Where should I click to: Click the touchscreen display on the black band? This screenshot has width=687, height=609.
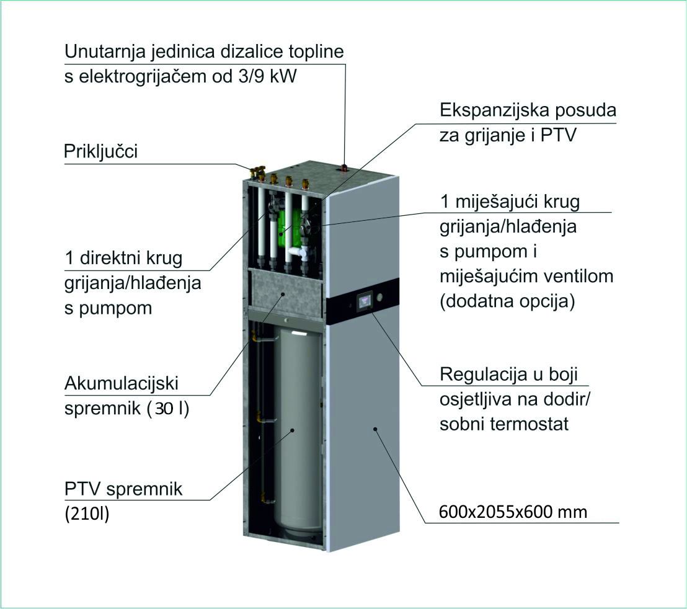click(x=365, y=302)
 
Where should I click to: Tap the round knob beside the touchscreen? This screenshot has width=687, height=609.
click(x=379, y=296)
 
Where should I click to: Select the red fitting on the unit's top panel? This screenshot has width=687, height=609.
click(x=344, y=167)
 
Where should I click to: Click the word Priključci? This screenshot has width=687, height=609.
click(x=101, y=151)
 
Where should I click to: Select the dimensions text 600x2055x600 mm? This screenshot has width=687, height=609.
click(x=513, y=512)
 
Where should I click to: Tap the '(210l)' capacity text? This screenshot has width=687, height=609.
click(x=87, y=514)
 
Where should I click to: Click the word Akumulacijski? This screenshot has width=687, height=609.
click(x=122, y=383)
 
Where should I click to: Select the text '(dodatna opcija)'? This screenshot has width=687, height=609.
click(x=507, y=301)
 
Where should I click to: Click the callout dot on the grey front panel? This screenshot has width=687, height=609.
click(x=375, y=429)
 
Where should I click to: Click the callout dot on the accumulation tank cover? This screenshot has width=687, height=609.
click(x=283, y=295)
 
